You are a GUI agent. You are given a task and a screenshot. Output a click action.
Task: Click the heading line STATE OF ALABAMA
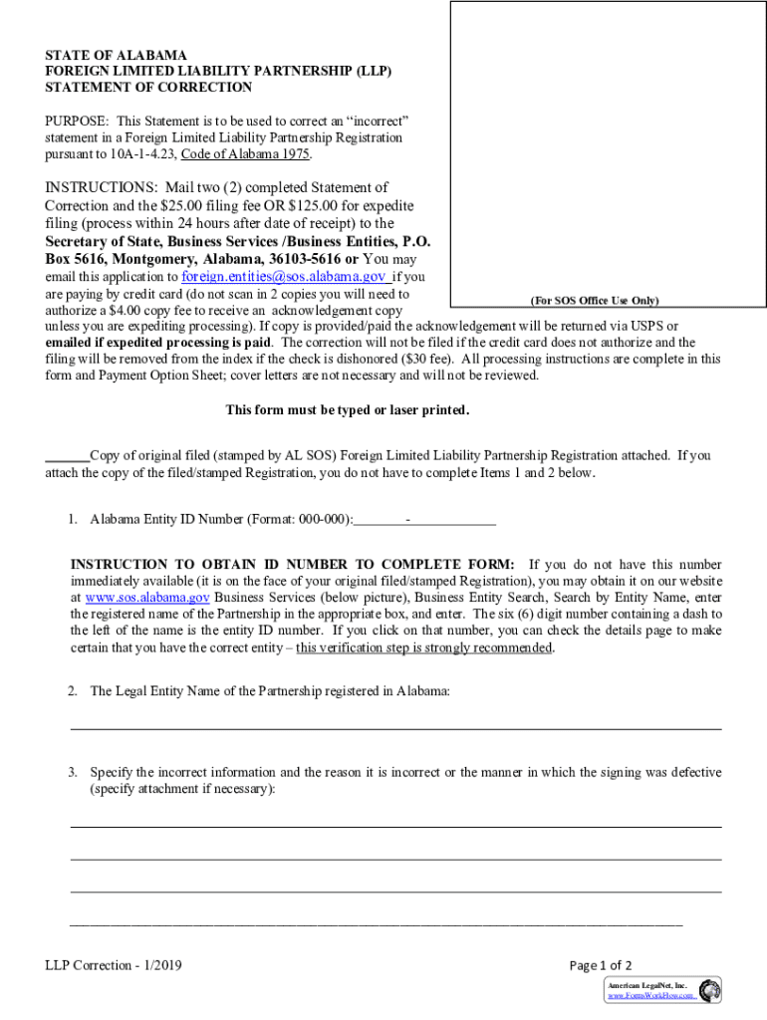116,55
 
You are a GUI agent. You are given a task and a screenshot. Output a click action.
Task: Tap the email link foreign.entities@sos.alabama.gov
283,276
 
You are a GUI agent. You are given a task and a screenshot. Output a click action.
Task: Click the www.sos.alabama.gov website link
146,598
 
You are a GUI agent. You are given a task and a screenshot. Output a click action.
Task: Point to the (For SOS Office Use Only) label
593,301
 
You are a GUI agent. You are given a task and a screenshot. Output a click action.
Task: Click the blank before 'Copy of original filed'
67,456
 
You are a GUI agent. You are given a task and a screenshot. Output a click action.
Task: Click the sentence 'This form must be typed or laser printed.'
347,410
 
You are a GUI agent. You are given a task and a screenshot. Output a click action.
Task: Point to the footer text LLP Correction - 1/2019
113,965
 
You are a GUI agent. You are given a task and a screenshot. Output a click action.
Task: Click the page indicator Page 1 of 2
600,965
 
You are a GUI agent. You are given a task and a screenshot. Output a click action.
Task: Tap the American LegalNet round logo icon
709,990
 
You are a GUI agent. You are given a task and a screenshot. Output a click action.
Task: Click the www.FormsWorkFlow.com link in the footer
651,995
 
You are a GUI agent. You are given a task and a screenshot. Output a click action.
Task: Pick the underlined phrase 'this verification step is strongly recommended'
423,647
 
